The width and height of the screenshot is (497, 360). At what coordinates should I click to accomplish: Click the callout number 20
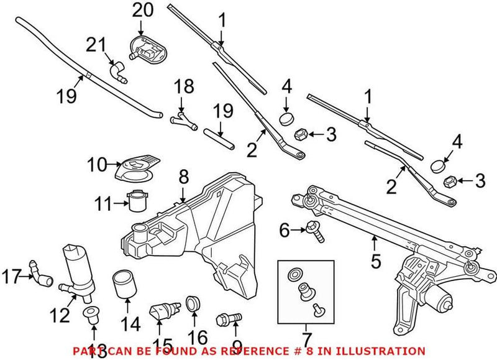(142, 11)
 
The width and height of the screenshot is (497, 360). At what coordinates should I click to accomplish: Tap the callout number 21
(96, 45)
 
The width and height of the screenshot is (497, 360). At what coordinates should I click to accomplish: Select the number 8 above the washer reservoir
(183, 178)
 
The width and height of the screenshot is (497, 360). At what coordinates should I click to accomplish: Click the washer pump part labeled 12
(74, 267)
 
